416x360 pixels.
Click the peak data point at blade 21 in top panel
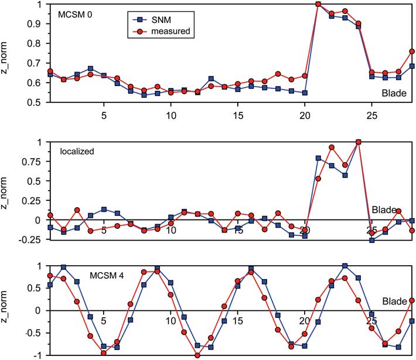318,4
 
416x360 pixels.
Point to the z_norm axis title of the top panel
8,53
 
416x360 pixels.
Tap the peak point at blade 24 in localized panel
358,142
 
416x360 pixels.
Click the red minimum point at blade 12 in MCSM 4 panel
197,355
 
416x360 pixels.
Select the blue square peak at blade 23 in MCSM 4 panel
345,266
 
